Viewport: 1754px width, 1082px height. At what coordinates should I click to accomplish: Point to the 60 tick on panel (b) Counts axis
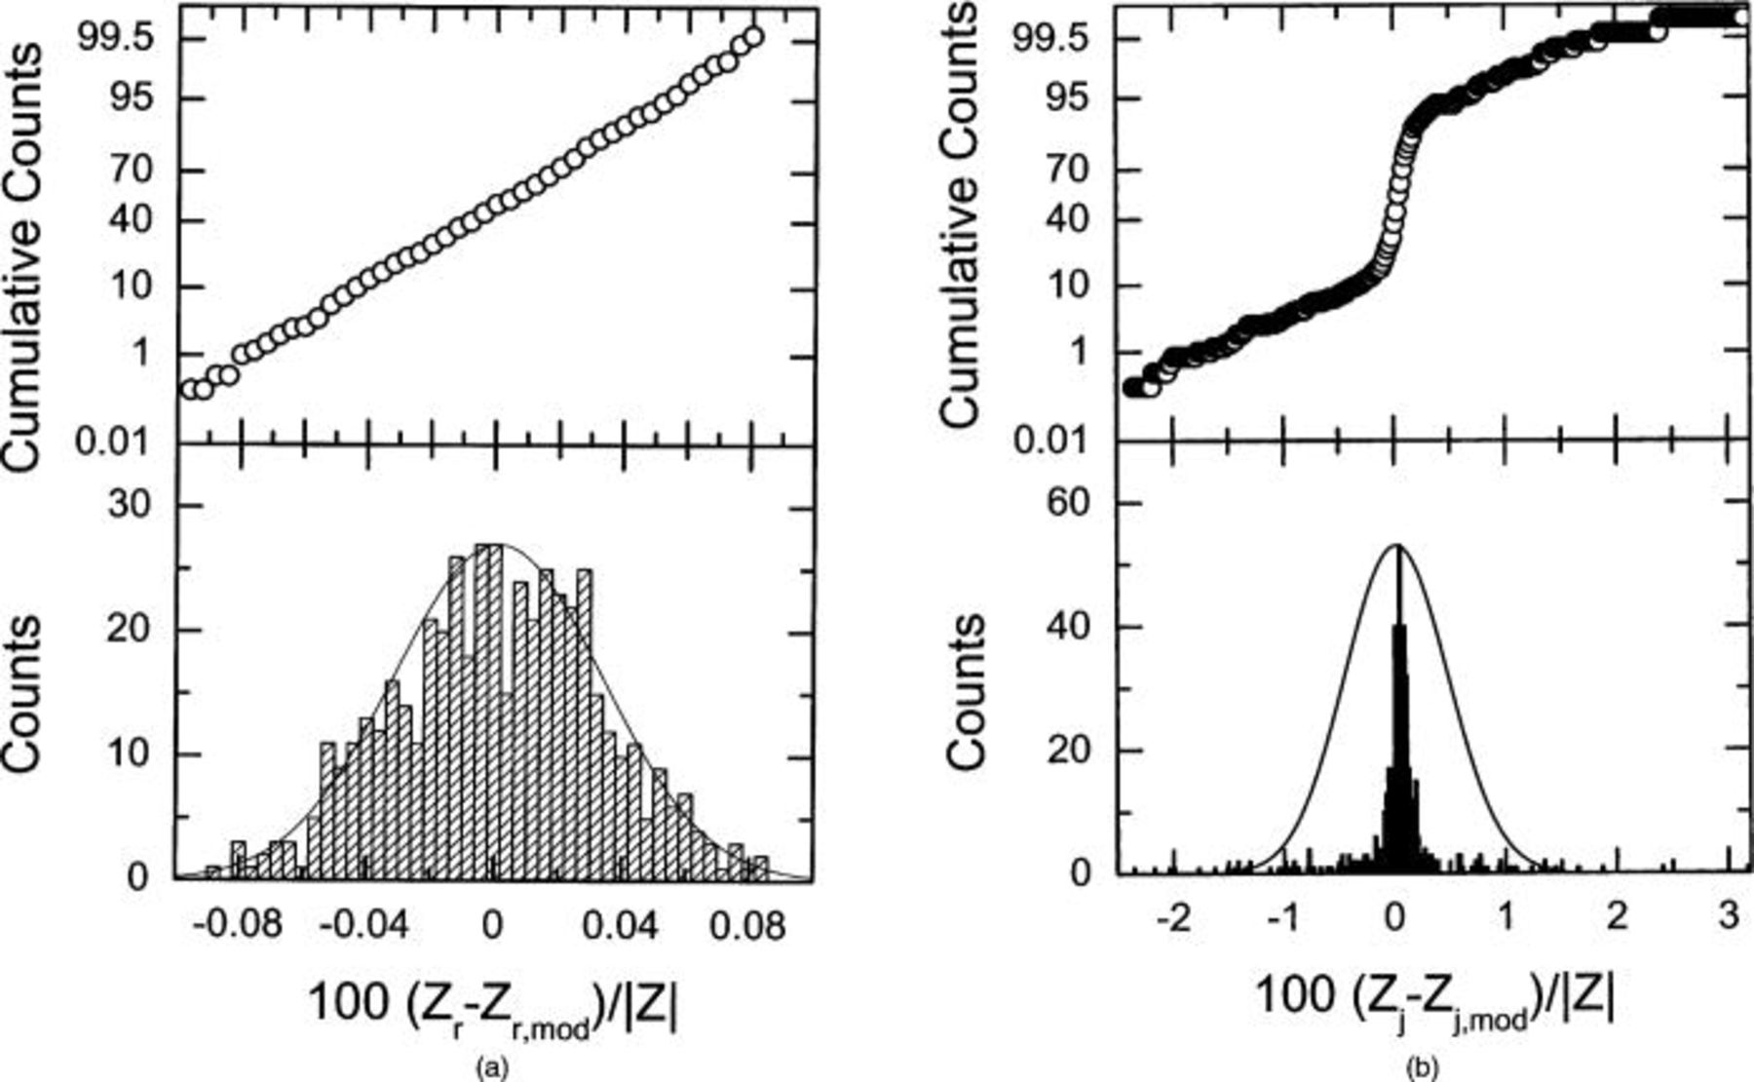pyautogui.click(x=1079, y=503)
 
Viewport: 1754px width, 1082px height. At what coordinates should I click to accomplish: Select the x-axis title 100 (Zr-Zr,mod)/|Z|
pyautogui.click(x=492, y=1006)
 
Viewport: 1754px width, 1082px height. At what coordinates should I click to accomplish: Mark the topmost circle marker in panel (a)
pyautogui.click(x=752, y=37)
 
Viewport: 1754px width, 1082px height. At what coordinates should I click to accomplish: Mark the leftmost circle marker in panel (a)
pyautogui.click(x=190, y=389)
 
